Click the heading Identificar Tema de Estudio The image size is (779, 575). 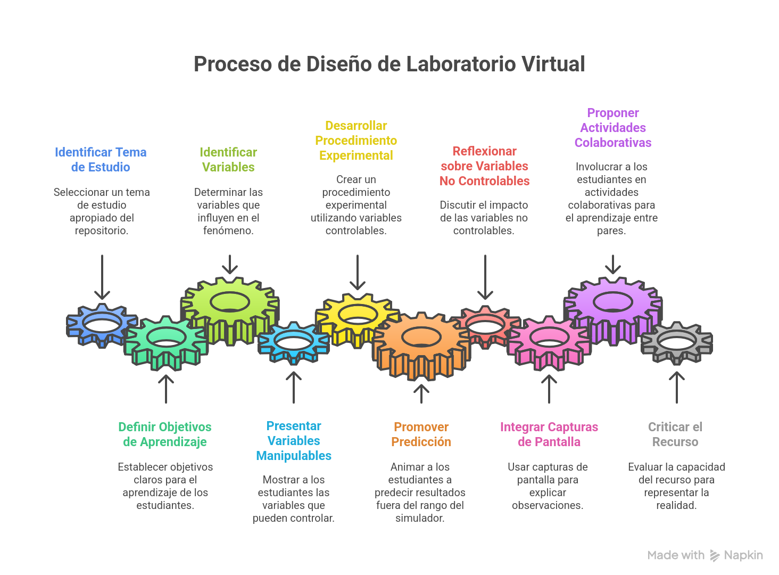pos(101,160)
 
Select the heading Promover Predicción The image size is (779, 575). pos(421,434)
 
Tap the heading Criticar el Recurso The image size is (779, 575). pos(675,434)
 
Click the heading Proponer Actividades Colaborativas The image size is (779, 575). pos(613,128)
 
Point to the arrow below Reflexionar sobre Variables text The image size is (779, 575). pos(485,277)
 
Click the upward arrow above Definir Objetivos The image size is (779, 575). pos(166,389)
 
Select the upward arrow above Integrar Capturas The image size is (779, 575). pos(549,389)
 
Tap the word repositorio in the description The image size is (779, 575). pos(101,231)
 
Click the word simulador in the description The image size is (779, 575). pos(419,518)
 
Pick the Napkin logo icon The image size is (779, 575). pos(715,556)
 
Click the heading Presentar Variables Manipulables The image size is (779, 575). pos(294,441)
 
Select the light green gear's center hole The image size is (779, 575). pos(229,302)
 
